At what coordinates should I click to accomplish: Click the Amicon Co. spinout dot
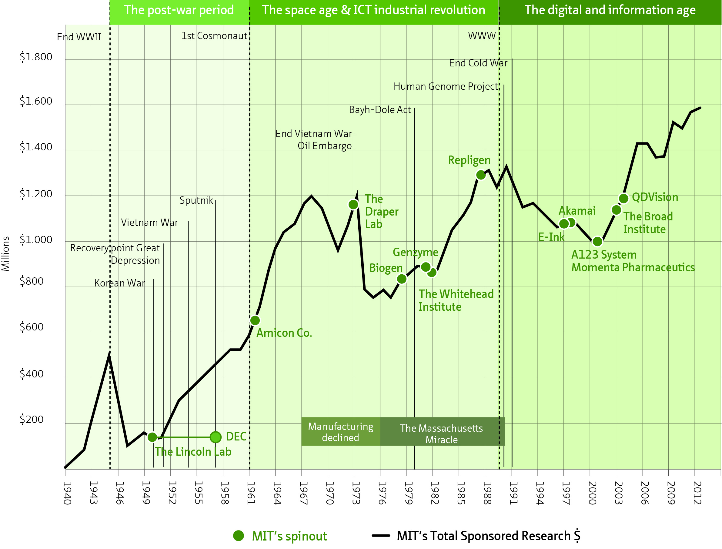pyautogui.click(x=255, y=320)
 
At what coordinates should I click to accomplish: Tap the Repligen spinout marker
pyautogui.click(x=480, y=175)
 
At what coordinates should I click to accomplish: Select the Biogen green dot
pyautogui.click(x=402, y=279)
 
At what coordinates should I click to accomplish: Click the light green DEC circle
pyautogui.click(x=216, y=437)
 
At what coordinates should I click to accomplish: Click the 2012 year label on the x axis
pyautogui.click(x=697, y=493)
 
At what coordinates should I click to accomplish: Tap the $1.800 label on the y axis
pyautogui.click(x=36, y=57)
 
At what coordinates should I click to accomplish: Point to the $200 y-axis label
pyautogui.click(x=32, y=420)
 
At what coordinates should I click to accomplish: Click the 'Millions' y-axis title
pyautogui.click(x=5, y=254)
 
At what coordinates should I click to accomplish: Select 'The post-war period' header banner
pyautogui.click(x=179, y=10)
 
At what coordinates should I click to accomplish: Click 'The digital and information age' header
pyautogui.click(x=610, y=10)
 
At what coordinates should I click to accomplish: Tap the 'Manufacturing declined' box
pyautogui.click(x=340, y=432)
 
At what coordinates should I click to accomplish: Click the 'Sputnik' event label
pyautogui.click(x=196, y=200)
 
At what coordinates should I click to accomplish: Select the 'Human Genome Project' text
pyautogui.click(x=446, y=87)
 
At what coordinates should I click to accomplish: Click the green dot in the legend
pyautogui.click(x=239, y=536)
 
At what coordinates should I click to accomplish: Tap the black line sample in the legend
pyautogui.click(x=381, y=536)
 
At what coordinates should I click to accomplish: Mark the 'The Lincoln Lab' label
pyautogui.click(x=193, y=452)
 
